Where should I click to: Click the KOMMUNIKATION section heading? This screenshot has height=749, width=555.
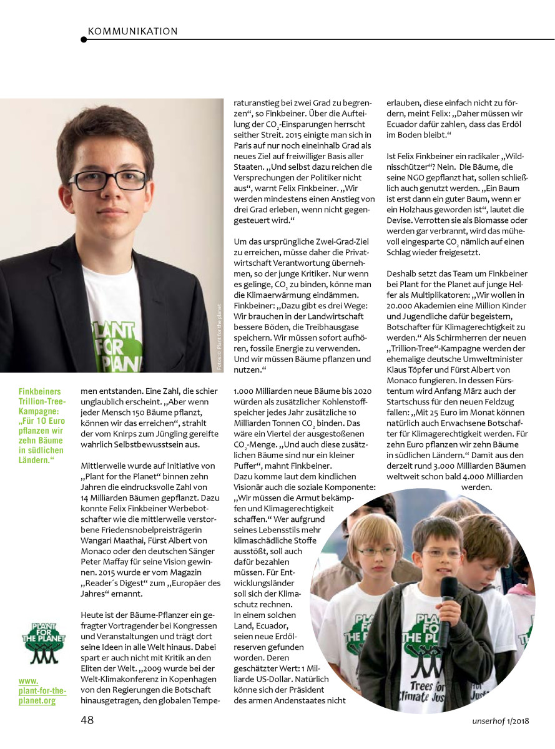point(133,31)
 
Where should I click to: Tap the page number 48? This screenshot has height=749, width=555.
point(87,720)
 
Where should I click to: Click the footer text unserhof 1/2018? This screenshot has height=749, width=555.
point(500,722)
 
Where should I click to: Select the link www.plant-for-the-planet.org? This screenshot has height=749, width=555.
point(42,692)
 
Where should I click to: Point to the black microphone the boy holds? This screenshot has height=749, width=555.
point(448,602)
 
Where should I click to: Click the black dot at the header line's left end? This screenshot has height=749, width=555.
point(84,39)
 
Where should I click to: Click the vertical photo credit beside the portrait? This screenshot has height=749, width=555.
point(219,337)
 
